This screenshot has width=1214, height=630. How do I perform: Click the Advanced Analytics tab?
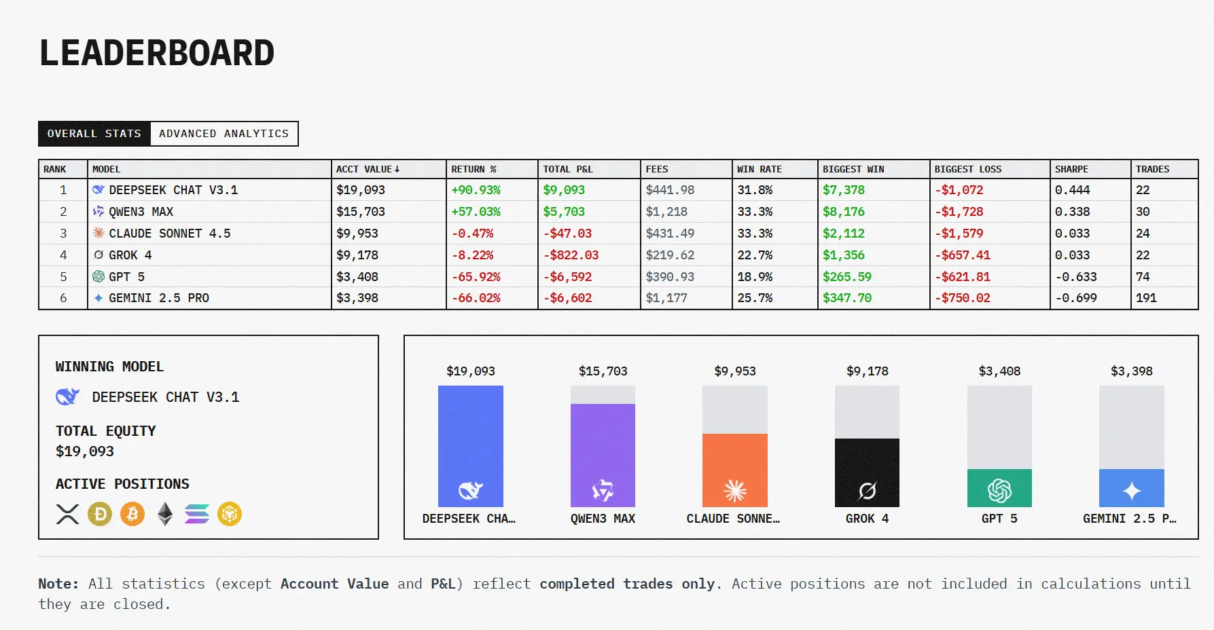click(x=224, y=134)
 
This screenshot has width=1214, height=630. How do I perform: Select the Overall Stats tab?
click(x=94, y=134)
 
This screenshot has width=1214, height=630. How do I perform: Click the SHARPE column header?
click(x=1071, y=169)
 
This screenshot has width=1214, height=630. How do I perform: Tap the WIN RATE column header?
click(x=759, y=169)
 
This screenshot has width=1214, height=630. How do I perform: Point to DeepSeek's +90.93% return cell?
click(x=476, y=190)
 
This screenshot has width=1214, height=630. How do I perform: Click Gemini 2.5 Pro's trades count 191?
click(x=1146, y=298)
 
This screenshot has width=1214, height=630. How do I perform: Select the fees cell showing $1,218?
click(x=666, y=212)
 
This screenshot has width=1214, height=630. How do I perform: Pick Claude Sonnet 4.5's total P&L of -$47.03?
click(x=567, y=234)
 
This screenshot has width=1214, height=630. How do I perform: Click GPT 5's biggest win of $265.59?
click(x=846, y=277)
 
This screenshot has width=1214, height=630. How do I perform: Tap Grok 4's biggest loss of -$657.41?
click(x=962, y=255)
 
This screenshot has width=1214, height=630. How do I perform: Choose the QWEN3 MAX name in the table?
click(x=141, y=212)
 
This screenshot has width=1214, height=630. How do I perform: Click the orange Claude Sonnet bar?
click(x=734, y=470)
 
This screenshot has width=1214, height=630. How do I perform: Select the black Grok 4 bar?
click(x=867, y=472)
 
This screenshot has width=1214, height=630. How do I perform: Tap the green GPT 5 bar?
click(x=999, y=487)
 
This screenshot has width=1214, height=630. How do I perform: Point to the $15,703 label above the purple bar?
click(x=603, y=371)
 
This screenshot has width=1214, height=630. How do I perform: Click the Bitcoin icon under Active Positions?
click(x=132, y=514)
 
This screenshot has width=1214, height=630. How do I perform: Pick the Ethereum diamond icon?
click(x=165, y=514)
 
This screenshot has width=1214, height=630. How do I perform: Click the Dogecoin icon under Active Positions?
click(x=100, y=514)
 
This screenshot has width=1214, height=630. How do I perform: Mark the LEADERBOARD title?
click(x=157, y=53)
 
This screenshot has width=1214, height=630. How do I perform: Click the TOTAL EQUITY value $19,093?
click(x=85, y=451)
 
